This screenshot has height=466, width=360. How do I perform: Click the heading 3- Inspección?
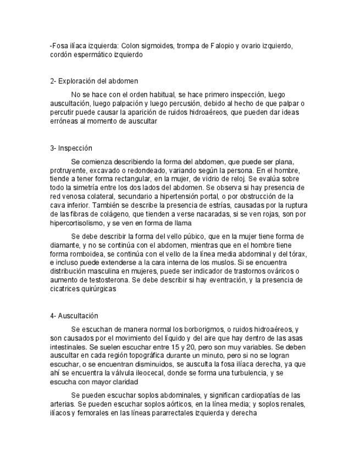pos(71,148)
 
